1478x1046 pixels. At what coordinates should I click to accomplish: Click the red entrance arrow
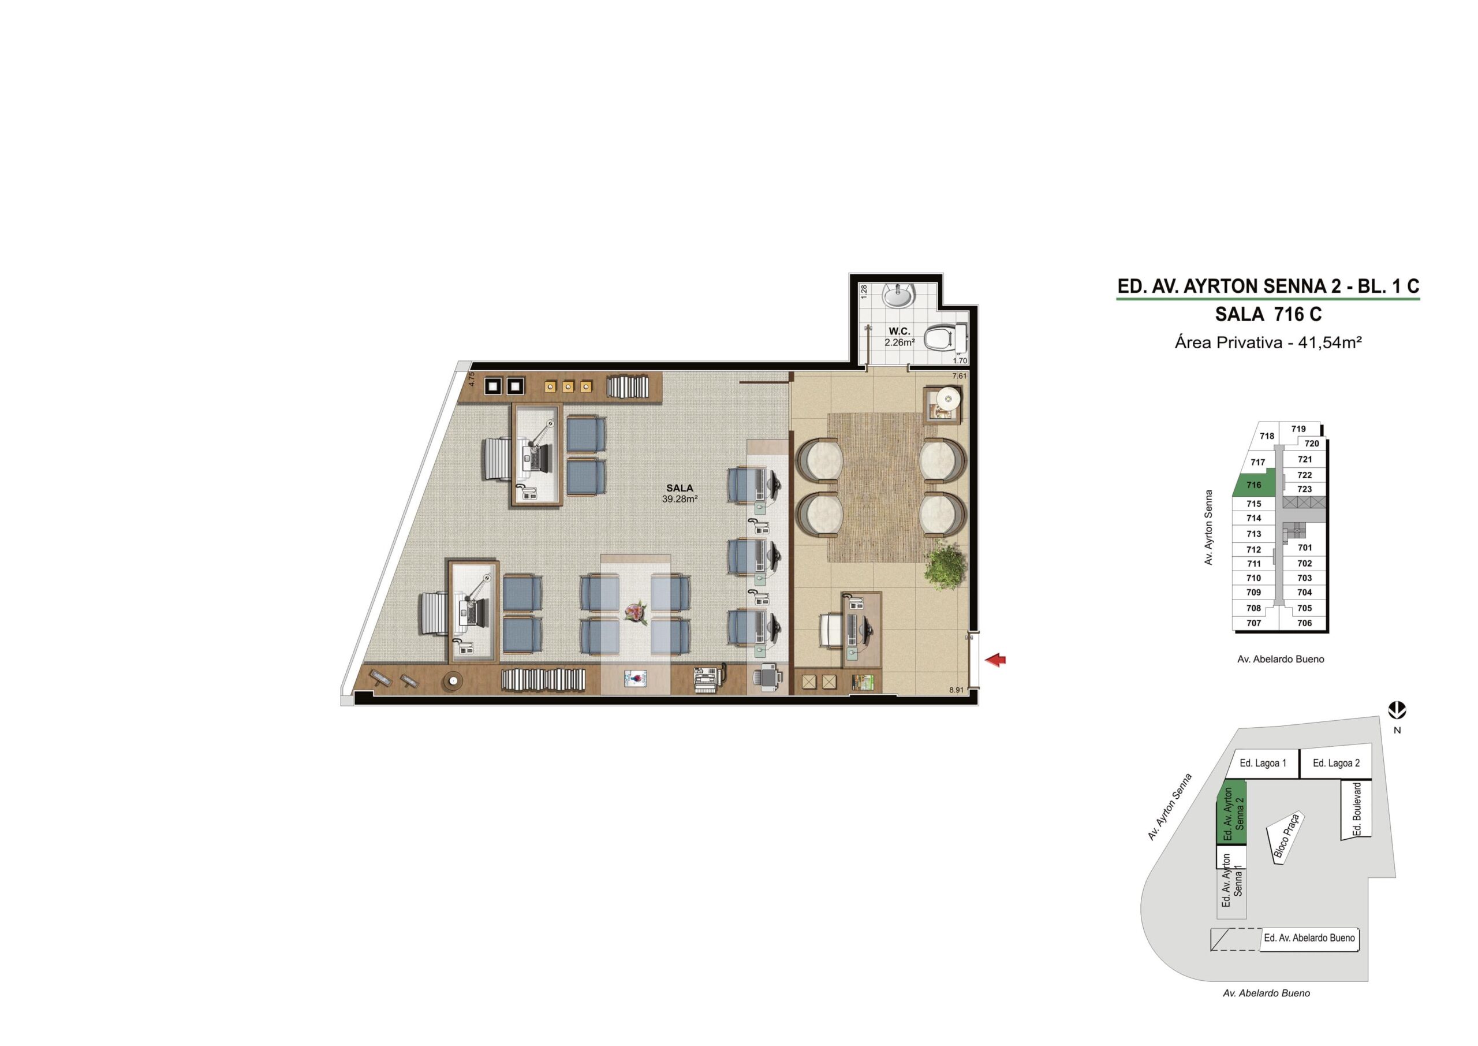[996, 660]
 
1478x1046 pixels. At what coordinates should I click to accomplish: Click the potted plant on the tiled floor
[946, 564]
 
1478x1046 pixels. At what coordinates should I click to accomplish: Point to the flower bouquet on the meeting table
[636, 613]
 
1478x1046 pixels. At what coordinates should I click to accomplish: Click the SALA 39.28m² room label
[680, 493]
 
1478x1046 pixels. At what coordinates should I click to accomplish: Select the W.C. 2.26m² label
[900, 337]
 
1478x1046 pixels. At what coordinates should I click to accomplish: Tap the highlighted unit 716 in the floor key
[1253, 485]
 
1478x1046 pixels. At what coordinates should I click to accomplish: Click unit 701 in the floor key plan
[1305, 548]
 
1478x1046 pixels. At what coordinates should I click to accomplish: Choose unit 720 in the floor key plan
[1311, 443]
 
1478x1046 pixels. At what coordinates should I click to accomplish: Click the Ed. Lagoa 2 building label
[1337, 762]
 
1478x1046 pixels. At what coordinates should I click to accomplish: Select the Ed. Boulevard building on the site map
[1356, 809]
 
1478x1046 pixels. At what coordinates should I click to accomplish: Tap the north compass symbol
[1398, 711]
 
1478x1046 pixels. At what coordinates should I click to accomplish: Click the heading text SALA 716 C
[1268, 314]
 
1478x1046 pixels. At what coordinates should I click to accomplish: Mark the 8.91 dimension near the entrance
[956, 690]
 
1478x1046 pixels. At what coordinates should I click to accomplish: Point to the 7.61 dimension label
[959, 375]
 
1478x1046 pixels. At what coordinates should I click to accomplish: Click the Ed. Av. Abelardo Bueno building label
[1309, 937]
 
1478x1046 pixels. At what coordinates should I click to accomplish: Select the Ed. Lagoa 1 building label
[1263, 762]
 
